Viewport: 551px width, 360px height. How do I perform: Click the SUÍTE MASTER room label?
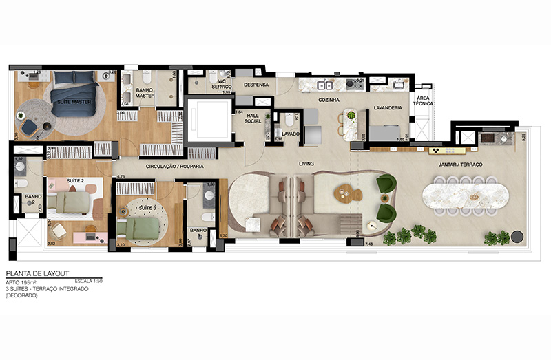tap(74, 102)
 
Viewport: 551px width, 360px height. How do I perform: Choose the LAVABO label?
tap(290, 134)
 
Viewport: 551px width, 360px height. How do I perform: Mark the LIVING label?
tap(307, 163)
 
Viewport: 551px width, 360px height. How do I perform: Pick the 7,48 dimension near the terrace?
tap(368, 244)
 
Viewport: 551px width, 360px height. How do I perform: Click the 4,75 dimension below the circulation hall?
tap(121, 177)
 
